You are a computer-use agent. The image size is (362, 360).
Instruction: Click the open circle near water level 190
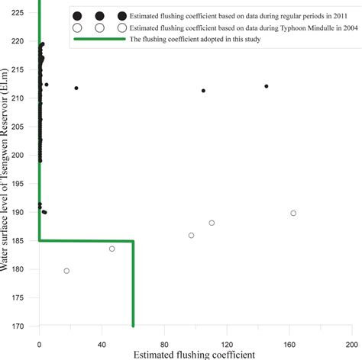[293, 213]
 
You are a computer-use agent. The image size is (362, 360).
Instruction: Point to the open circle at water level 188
[212, 223]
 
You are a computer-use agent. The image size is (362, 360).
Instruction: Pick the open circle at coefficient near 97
[191, 235]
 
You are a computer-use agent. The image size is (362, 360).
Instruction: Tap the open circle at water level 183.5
[112, 249]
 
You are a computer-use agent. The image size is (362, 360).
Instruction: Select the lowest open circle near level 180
[66, 271]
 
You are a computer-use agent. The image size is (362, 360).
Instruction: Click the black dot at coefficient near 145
[267, 86]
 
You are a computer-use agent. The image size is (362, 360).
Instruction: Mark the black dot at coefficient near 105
[203, 91]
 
